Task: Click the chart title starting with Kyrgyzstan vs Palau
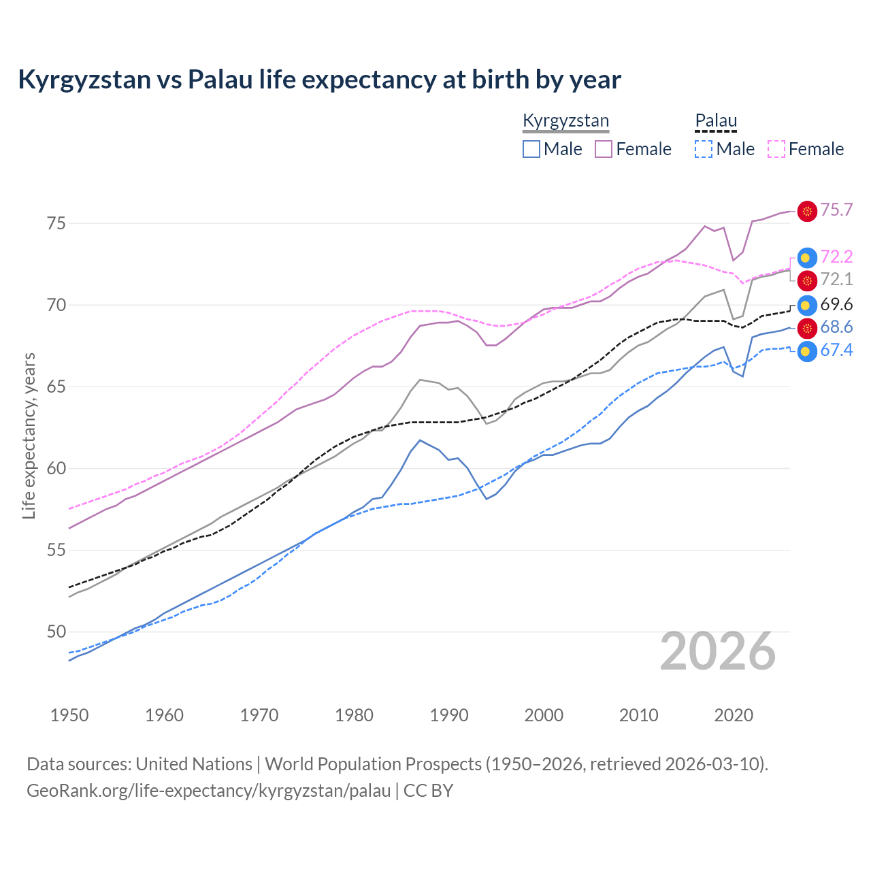coord(319,80)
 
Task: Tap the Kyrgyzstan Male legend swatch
coord(531,149)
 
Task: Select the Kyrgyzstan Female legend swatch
coord(604,149)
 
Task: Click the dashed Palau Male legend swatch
coord(704,149)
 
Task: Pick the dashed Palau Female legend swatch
coord(776,149)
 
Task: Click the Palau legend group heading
coord(716,121)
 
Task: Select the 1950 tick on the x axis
coord(69,715)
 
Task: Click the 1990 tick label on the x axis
coord(449,715)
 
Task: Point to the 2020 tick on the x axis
coord(734,715)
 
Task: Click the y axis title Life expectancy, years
coord(29,435)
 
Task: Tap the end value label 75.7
coord(836,210)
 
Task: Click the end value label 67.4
coord(836,350)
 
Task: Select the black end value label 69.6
coord(836,305)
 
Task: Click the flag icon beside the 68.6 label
coord(807,329)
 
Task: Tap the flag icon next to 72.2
coord(807,257)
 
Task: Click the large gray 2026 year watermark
coord(718,652)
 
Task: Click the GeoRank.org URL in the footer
coord(208,791)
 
